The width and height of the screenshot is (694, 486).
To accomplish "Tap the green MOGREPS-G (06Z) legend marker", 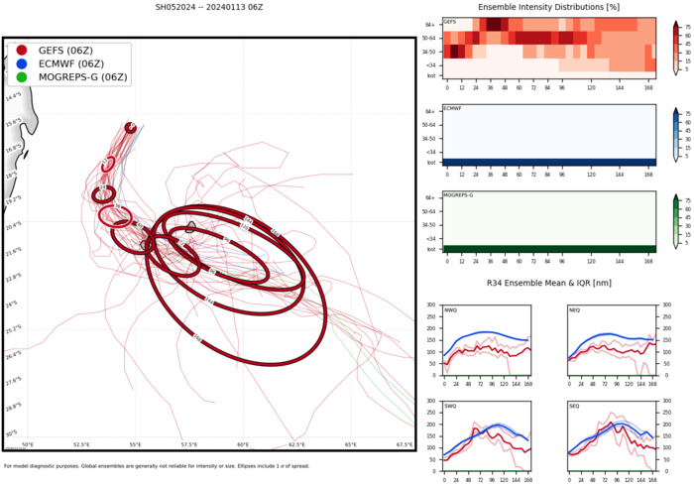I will pyautogui.click(x=22, y=76).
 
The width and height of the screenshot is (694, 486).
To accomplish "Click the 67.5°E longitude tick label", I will pyautogui.click(x=405, y=445).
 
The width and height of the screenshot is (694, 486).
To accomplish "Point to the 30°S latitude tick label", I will pyautogui.click(x=11, y=433).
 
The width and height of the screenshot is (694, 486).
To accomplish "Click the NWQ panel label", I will pyautogui.click(x=451, y=309).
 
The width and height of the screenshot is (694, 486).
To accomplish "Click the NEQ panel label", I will pyautogui.click(x=575, y=309).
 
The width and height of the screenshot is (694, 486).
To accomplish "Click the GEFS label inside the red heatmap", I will pyautogui.click(x=450, y=21).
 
